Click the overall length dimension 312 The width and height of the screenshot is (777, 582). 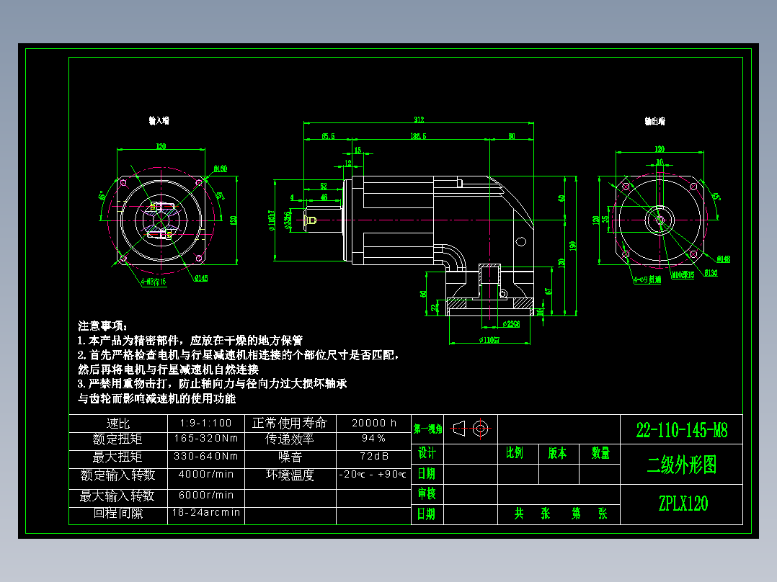tap(419, 120)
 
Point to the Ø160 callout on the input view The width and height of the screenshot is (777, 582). tap(220, 169)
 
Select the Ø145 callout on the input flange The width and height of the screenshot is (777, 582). tap(200, 278)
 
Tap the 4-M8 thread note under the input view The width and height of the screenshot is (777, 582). tap(153, 282)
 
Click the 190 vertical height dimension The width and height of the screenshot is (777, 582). tap(572, 246)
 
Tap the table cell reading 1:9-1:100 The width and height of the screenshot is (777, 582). tap(206, 424)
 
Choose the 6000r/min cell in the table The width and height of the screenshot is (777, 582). tap(206, 496)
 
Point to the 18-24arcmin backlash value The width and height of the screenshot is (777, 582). tap(206, 513)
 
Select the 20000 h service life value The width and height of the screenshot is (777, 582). tap(373, 424)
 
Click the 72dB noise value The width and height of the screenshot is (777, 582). tap(373, 457)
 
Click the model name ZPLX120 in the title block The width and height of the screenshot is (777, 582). tap(683, 503)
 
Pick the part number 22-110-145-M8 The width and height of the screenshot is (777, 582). tap(682, 431)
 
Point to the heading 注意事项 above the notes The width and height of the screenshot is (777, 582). tap(102, 326)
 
